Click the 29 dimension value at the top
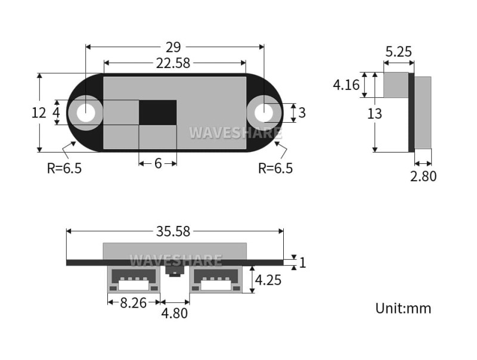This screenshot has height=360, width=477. click(175, 47)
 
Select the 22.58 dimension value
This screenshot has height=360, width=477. click(175, 63)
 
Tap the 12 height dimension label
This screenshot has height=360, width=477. click(39, 113)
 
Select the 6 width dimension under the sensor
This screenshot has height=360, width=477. click(158, 163)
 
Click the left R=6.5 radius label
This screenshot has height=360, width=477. click(64, 168)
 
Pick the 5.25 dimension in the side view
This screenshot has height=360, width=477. click(398, 52)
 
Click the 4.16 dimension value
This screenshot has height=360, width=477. click(346, 85)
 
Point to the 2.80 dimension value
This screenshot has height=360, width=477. click(423, 176)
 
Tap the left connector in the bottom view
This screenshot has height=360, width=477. click(134, 280)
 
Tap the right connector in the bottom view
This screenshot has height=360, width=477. click(216, 280)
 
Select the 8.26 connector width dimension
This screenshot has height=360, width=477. click(134, 303)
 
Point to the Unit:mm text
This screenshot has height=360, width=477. click(403, 308)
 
